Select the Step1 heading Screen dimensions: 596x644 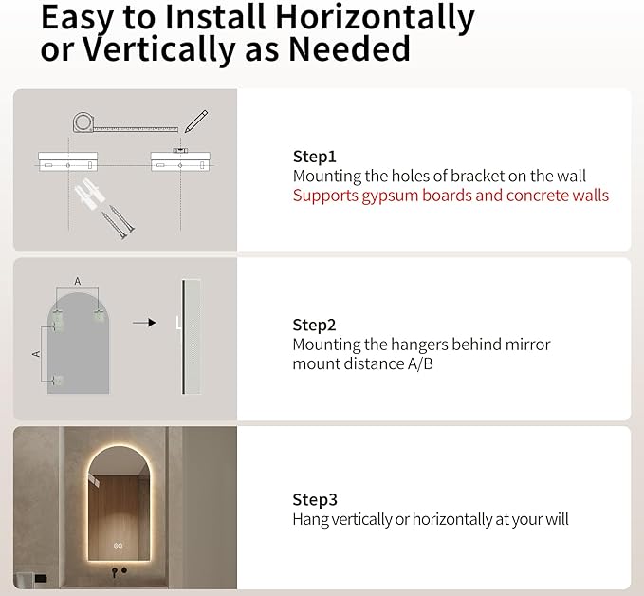coord(314,157)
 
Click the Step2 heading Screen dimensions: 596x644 coord(314,325)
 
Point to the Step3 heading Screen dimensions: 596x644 coord(314,499)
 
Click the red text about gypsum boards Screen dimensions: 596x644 coord(451,196)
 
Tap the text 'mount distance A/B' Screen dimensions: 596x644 coord(362,363)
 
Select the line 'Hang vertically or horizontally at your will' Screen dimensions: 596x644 coord(430,519)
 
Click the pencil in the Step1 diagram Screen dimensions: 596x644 coord(195,121)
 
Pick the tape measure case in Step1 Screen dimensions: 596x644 coord(83,121)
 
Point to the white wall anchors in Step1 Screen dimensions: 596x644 coord(86,198)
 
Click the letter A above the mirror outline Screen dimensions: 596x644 coord(78,282)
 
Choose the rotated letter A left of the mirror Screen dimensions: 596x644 coord(36,352)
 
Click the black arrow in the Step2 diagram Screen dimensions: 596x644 coord(143,323)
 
